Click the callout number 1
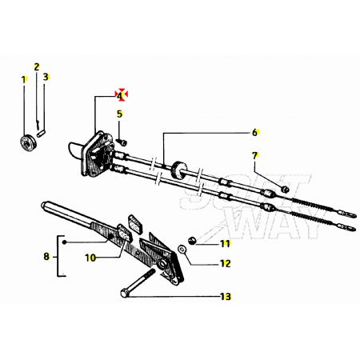pos(24,79)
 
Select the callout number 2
pos(37,66)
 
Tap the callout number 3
pos(46,77)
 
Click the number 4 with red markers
pos(119,95)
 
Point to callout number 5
pos(119,114)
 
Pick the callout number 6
pos(254,132)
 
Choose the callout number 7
pos(255,155)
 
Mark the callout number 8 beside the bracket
pos(46,257)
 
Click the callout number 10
pos(90,258)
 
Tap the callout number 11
pos(225,243)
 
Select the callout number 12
pos(226,263)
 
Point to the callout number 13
pos(226,296)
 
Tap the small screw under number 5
pos(122,142)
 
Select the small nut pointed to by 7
pos(285,189)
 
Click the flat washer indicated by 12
pos(182,250)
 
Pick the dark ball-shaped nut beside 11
pos(192,241)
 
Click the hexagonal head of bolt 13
pos(124,294)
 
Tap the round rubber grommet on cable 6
pos(178,170)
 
